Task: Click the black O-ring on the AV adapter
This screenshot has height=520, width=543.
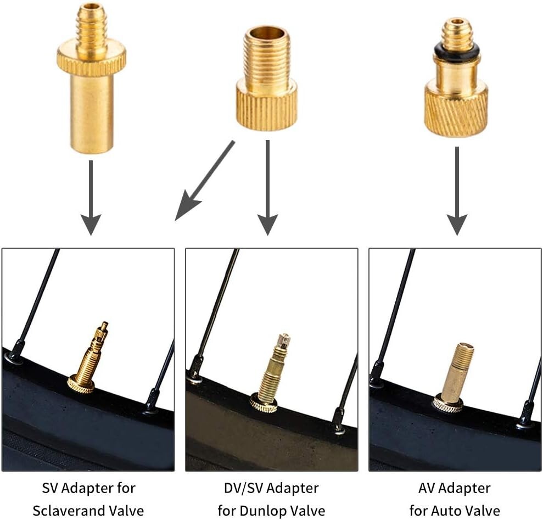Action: (457, 53)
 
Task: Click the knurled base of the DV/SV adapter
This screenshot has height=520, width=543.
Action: (267, 107)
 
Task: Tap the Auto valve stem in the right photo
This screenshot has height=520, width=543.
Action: (457, 373)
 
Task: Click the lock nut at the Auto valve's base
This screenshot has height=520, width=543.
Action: (447, 404)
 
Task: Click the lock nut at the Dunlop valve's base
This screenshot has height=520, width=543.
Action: (264, 403)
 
